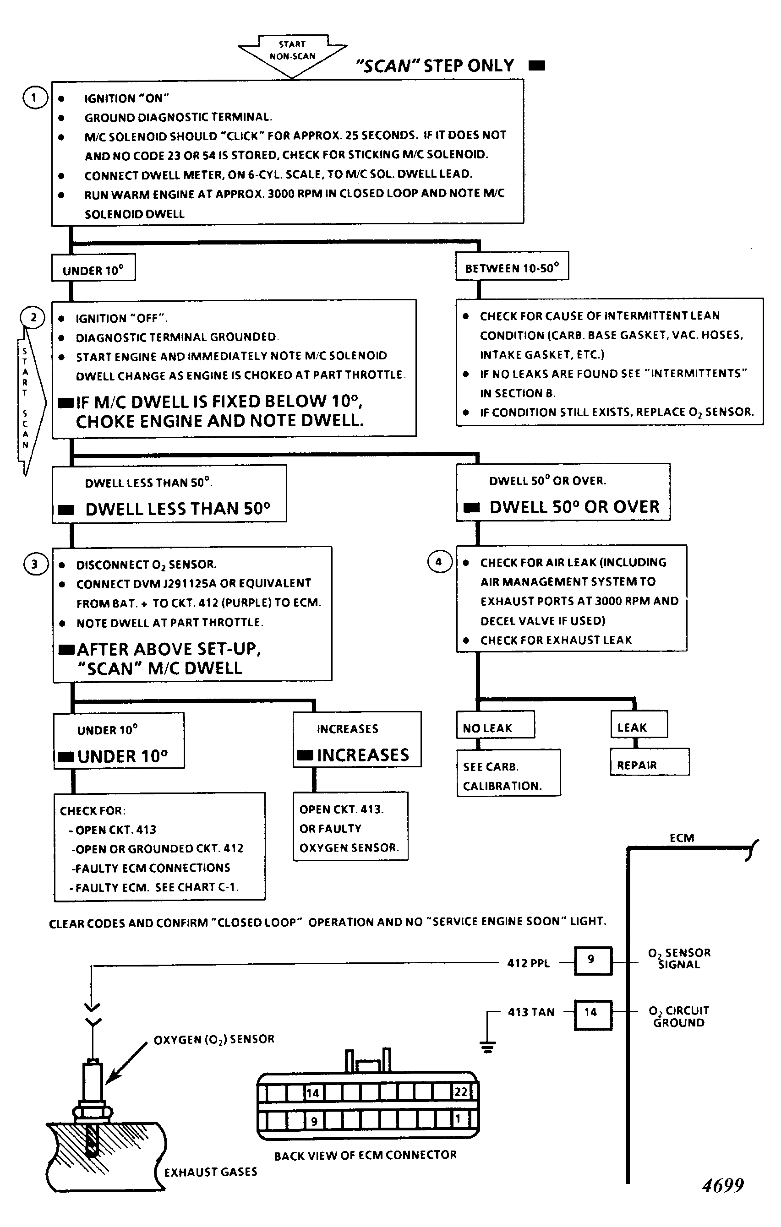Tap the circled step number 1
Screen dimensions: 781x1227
(x=35, y=98)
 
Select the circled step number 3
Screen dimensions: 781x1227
(x=35, y=564)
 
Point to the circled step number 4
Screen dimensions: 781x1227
(x=439, y=562)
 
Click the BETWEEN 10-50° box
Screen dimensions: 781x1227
(x=512, y=266)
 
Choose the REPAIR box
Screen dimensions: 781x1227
(x=650, y=762)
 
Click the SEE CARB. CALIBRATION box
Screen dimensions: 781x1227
(x=508, y=773)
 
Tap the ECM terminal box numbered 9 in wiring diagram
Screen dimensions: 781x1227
(x=593, y=961)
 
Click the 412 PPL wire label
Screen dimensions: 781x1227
(x=529, y=963)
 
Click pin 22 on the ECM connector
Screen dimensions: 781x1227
(x=461, y=1092)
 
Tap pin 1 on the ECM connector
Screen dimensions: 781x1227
(x=458, y=1119)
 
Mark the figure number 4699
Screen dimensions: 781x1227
(x=723, y=1185)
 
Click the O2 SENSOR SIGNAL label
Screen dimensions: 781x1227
(x=679, y=958)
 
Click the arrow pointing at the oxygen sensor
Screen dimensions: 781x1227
(x=127, y=1062)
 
